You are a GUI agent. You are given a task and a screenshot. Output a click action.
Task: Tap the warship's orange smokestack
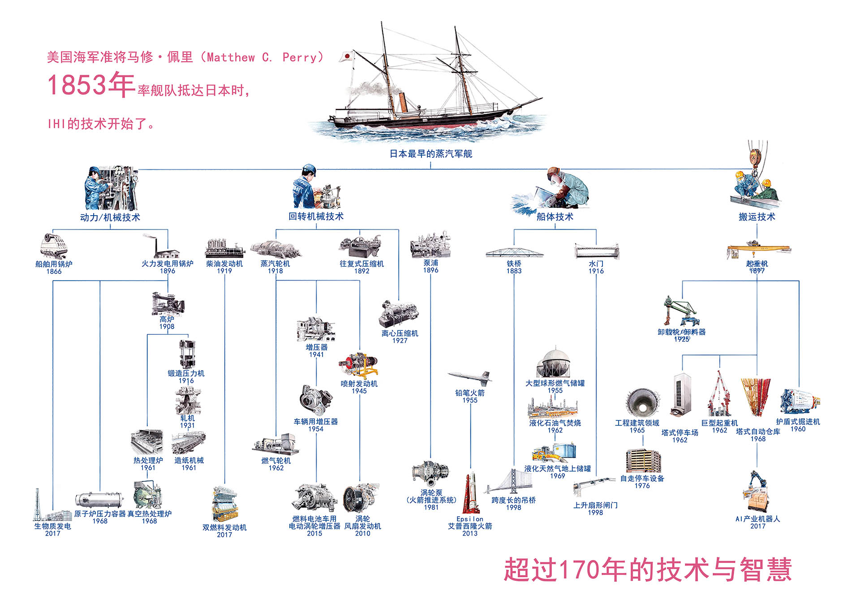click(403, 103)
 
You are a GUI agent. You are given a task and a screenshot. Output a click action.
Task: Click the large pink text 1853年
click(91, 85)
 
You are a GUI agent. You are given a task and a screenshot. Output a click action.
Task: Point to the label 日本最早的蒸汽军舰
click(430, 154)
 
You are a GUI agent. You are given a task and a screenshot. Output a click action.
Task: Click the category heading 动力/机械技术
click(110, 217)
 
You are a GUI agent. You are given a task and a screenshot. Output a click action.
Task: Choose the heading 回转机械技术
click(316, 216)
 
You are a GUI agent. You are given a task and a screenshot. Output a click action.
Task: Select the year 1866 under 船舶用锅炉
click(54, 271)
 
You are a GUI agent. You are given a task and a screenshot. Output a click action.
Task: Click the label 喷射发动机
click(359, 384)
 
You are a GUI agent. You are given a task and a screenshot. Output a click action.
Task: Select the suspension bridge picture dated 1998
click(512, 482)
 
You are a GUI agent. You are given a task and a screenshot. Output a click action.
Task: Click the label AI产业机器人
click(757, 519)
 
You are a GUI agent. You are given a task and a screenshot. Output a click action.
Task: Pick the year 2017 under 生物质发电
click(52, 533)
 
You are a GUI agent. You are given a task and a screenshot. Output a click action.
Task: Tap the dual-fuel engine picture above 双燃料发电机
click(224, 504)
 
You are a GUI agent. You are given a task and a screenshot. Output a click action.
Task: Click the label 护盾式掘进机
click(798, 422)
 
